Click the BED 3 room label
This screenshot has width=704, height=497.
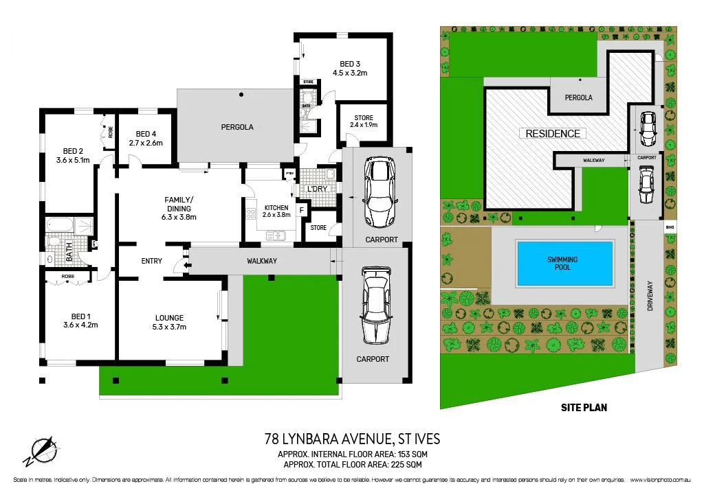coord(350,65)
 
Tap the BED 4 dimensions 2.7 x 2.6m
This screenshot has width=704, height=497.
coord(145,143)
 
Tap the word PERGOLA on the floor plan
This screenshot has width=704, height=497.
coord(237,127)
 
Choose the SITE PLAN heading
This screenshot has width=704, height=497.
coord(584,407)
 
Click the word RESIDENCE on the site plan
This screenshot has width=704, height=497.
coord(553,133)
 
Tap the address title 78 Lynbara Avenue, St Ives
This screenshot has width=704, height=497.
coord(352,439)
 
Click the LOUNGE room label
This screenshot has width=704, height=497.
coord(169,318)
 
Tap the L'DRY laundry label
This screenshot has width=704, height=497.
coord(317,189)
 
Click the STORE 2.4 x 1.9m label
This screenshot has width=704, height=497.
coord(364,122)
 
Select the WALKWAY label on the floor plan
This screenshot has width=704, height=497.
coord(262,261)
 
